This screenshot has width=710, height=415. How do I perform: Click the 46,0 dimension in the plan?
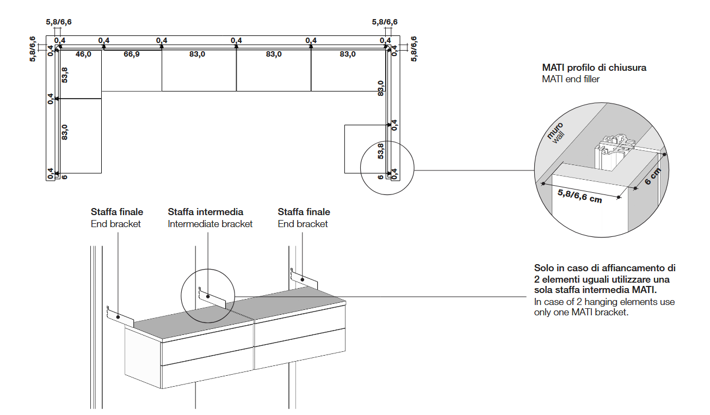click(x=83, y=54)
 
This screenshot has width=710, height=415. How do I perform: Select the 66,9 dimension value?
click(x=131, y=54)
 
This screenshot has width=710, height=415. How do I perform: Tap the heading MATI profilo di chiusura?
click(x=594, y=68)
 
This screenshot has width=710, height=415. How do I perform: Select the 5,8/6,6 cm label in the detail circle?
click(x=580, y=196)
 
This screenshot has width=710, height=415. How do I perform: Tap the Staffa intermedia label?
click(x=205, y=212)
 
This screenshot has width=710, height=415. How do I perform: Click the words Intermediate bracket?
click(x=210, y=224)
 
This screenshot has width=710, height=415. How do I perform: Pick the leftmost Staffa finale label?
click(x=117, y=212)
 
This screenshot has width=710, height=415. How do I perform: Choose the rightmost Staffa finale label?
click(x=304, y=212)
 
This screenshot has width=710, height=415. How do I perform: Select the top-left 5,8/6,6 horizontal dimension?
click(x=58, y=22)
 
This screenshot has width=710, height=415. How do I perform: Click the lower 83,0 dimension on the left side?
click(x=64, y=132)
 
